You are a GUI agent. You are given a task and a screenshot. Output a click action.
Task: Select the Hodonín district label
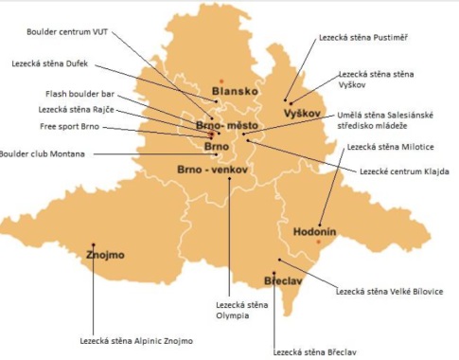300,230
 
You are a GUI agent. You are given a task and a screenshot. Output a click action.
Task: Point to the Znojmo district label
105,255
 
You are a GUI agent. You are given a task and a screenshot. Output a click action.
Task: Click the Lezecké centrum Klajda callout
397,171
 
